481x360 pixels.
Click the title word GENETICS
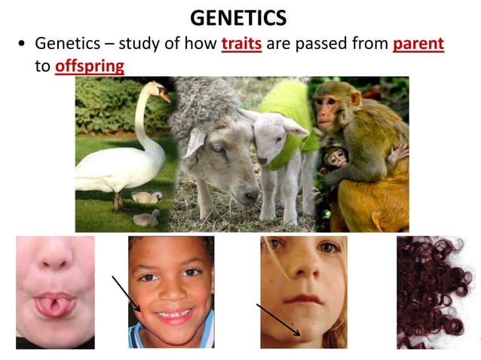[x=240, y=17]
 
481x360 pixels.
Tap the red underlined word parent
[x=418, y=44]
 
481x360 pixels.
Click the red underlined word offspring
[x=89, y=66]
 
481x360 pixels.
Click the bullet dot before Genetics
[x=22, y=44]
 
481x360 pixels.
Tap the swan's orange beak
[x=164, y=96]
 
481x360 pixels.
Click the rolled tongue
[x=54, y=305]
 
